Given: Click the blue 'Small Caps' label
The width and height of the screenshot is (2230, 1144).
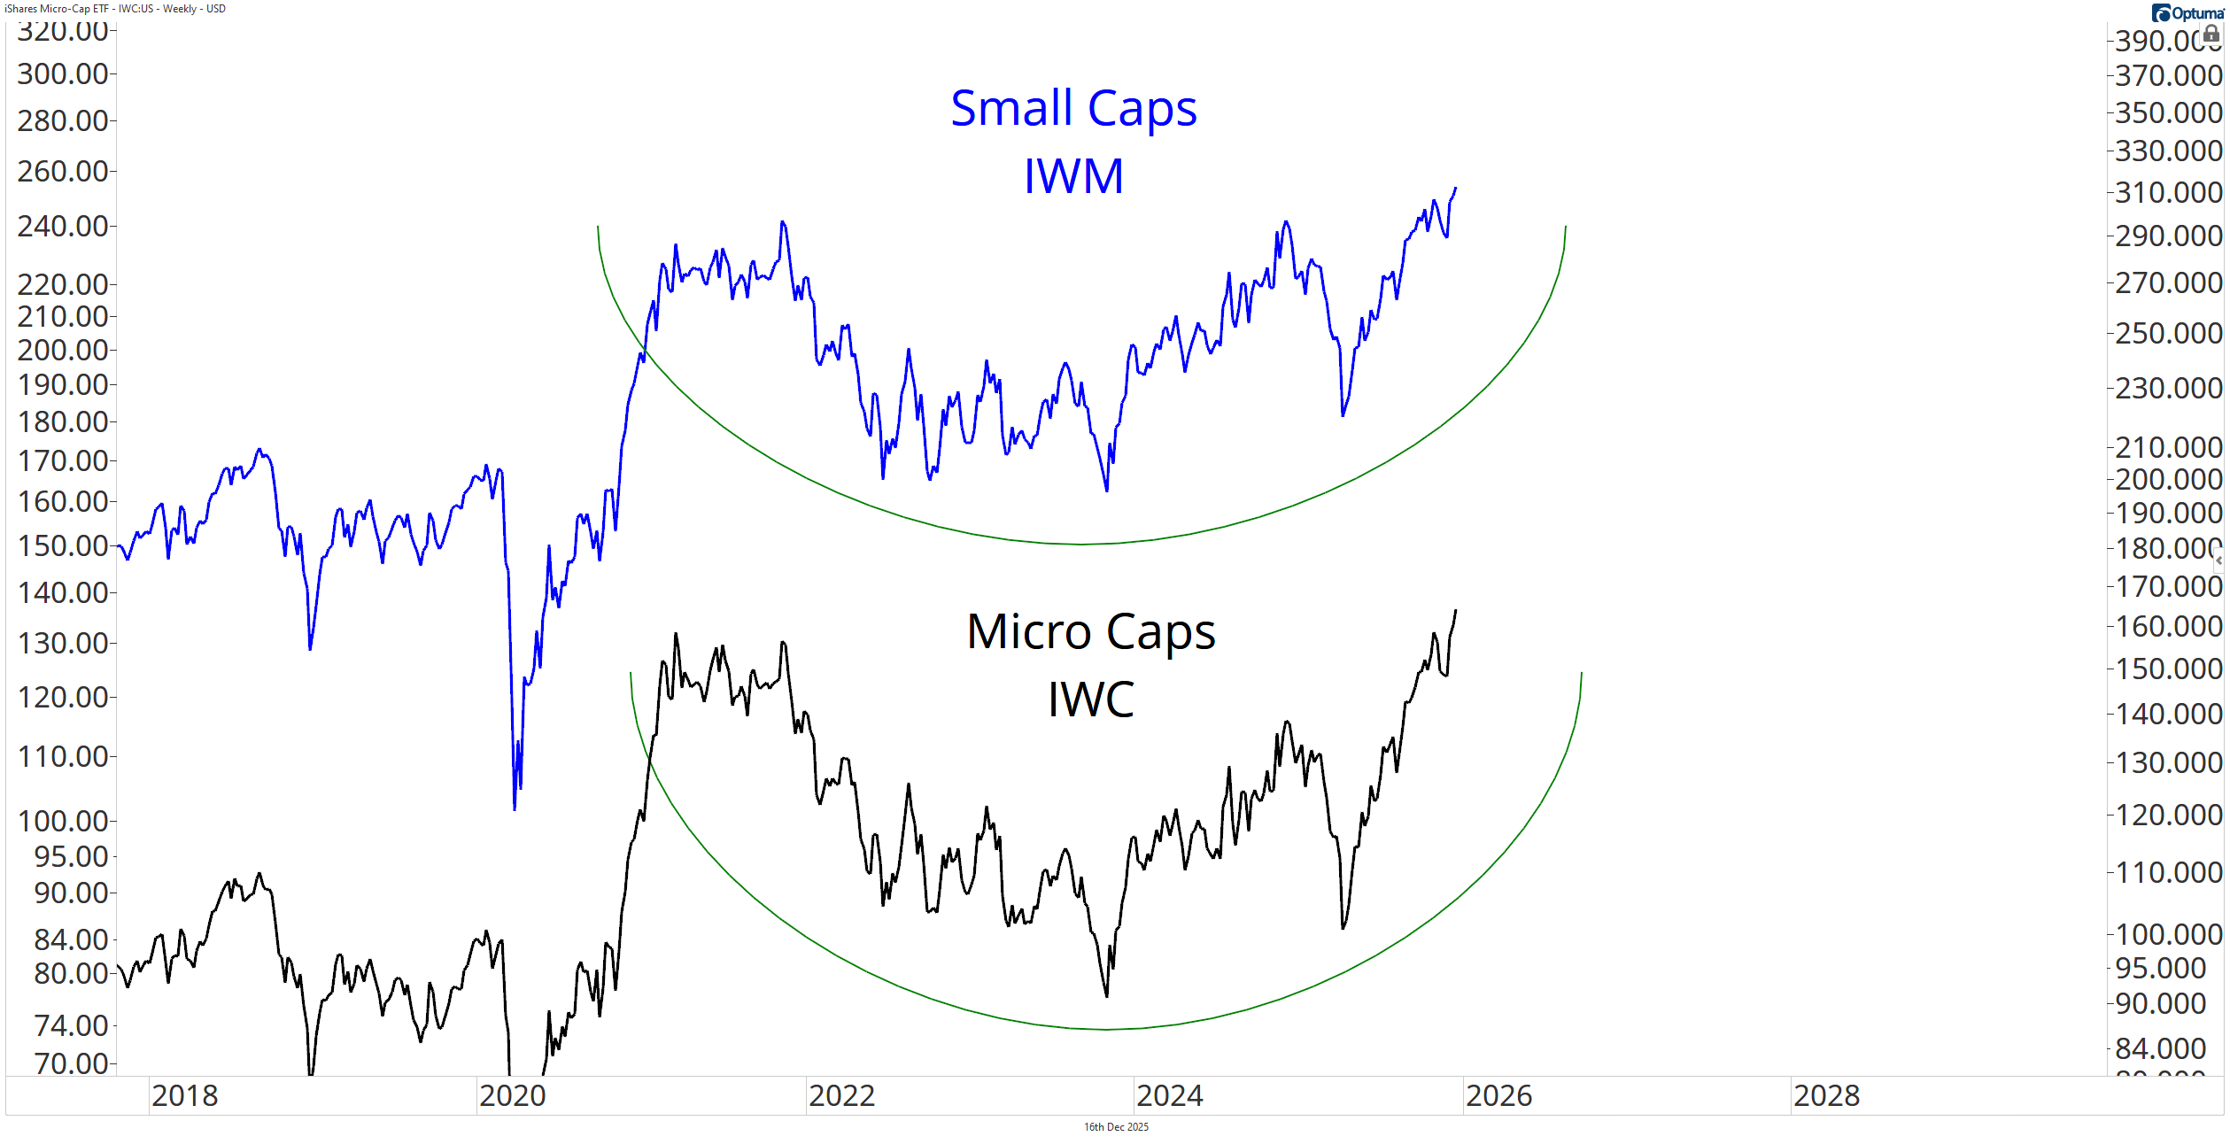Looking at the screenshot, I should click(1073, 109).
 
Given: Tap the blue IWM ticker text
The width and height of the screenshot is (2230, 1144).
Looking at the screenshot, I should click(1073, 175).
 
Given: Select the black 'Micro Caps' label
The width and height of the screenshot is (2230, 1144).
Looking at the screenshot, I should click(1091, 632).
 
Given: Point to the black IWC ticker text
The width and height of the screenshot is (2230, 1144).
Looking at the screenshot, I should click(1091, 700).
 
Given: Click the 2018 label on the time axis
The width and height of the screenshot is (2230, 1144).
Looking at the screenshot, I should click(185, 1096).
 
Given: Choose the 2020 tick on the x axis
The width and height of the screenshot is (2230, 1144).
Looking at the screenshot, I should click(513, 1096).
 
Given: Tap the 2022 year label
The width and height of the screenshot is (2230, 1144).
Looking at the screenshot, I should click(841, 1096).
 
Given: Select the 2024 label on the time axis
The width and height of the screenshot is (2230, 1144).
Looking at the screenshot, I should click(1170, 1096).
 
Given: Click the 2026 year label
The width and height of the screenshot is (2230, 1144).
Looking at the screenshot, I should click(1498, 1096).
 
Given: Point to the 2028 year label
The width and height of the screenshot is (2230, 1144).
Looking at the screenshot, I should click(1826, 1096).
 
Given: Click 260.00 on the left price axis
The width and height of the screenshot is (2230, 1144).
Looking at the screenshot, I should click(63, 171).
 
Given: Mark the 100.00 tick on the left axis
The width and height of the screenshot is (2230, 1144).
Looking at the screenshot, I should click(63, 821).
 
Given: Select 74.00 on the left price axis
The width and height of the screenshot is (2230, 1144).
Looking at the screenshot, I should click(71, 1025).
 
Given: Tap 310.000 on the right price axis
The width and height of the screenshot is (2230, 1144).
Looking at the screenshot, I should click(2168, 192).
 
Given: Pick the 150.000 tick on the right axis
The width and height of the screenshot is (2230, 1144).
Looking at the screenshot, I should click(2168, 669).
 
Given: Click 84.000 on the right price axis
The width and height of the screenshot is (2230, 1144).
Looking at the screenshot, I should click(2160, 1048).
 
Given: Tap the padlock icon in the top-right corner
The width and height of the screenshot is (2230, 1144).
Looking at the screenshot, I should click(2211, 34).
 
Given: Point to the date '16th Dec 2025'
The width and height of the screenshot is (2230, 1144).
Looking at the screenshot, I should click(1116, 1127).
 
